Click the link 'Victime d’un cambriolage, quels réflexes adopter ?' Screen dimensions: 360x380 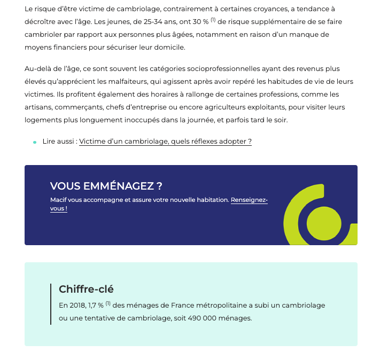[165, 142]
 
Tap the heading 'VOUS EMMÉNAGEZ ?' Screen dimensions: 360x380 [106, 186]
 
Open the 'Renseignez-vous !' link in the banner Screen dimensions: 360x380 [249, 200]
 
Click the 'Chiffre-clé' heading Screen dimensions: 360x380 [86, 289]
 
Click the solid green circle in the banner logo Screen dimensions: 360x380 [324, 223]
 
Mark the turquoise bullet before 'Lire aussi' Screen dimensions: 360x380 [35, 142]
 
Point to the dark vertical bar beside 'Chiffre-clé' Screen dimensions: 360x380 [51, 304]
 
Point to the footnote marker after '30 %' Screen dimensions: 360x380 [213, 20]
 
